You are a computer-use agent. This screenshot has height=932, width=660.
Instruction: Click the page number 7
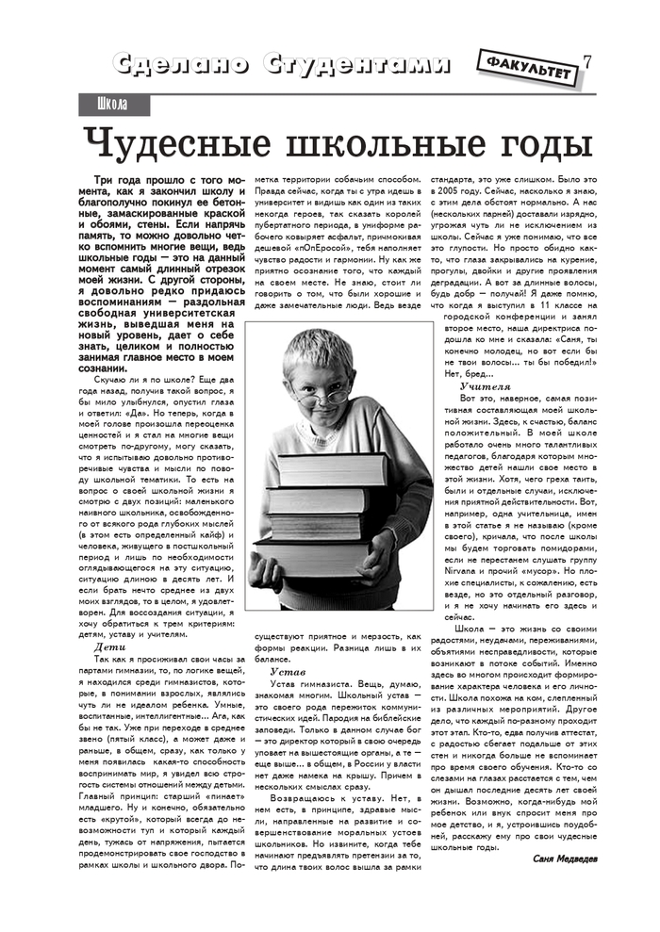click(588, 62)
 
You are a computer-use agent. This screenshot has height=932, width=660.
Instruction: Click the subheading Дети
click(110, 648)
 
